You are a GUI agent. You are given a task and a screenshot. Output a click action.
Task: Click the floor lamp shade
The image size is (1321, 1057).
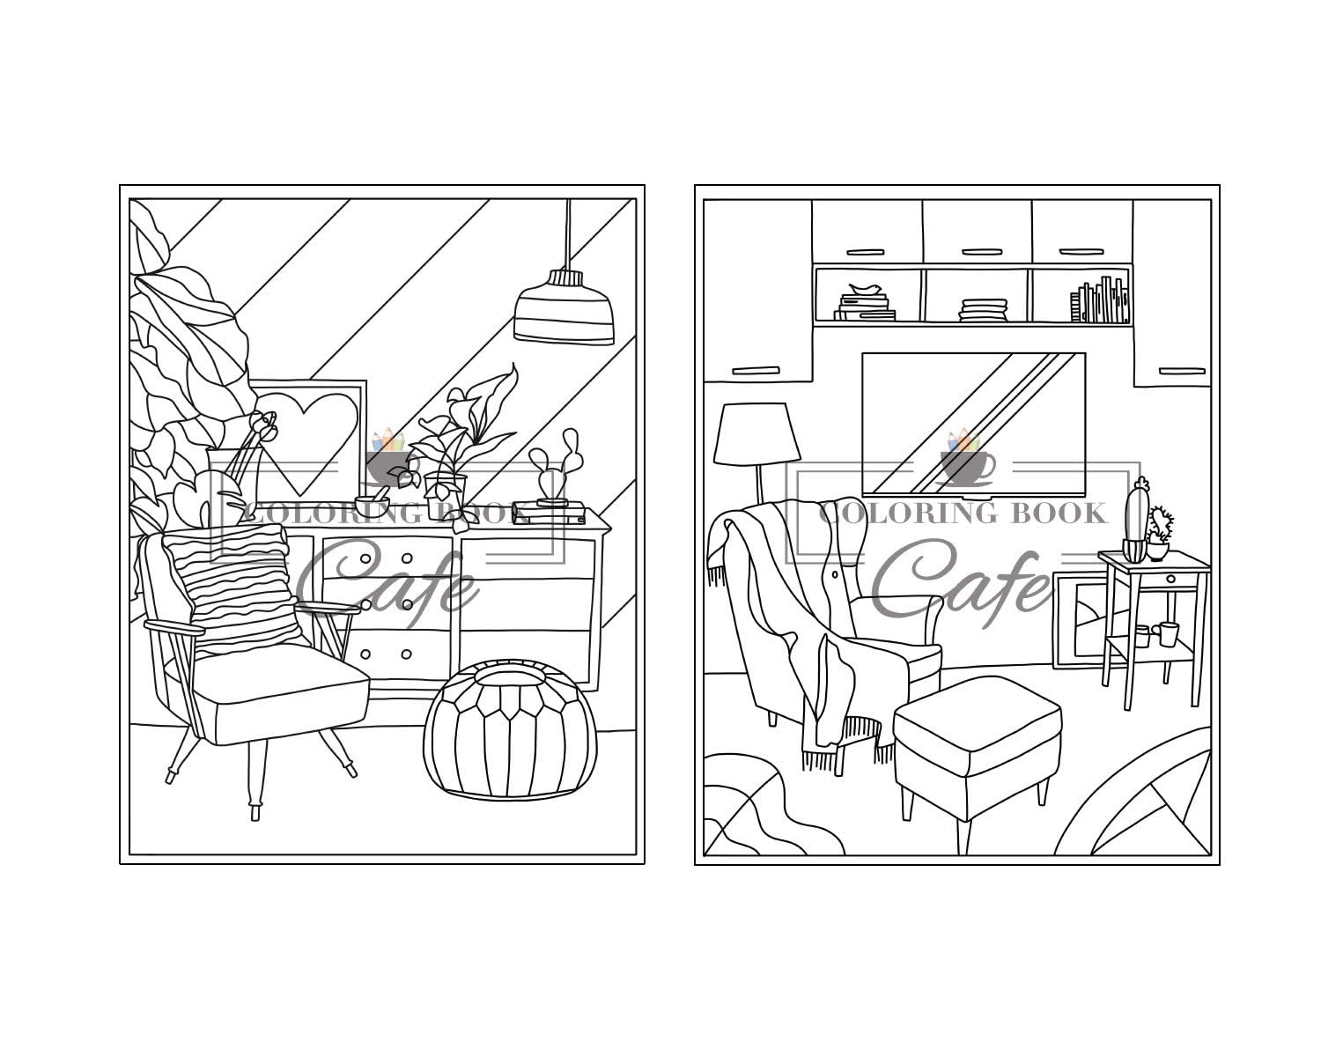click(751, 434)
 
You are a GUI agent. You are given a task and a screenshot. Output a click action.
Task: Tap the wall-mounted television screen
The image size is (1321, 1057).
click(973, 423)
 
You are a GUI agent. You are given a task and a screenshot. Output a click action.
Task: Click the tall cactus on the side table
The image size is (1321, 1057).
click(1138, 520)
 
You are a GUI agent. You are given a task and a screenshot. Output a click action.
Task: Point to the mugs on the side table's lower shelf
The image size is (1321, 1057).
click(1156, 634)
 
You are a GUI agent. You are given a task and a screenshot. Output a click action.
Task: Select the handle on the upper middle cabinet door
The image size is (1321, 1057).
click(977, 251)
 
